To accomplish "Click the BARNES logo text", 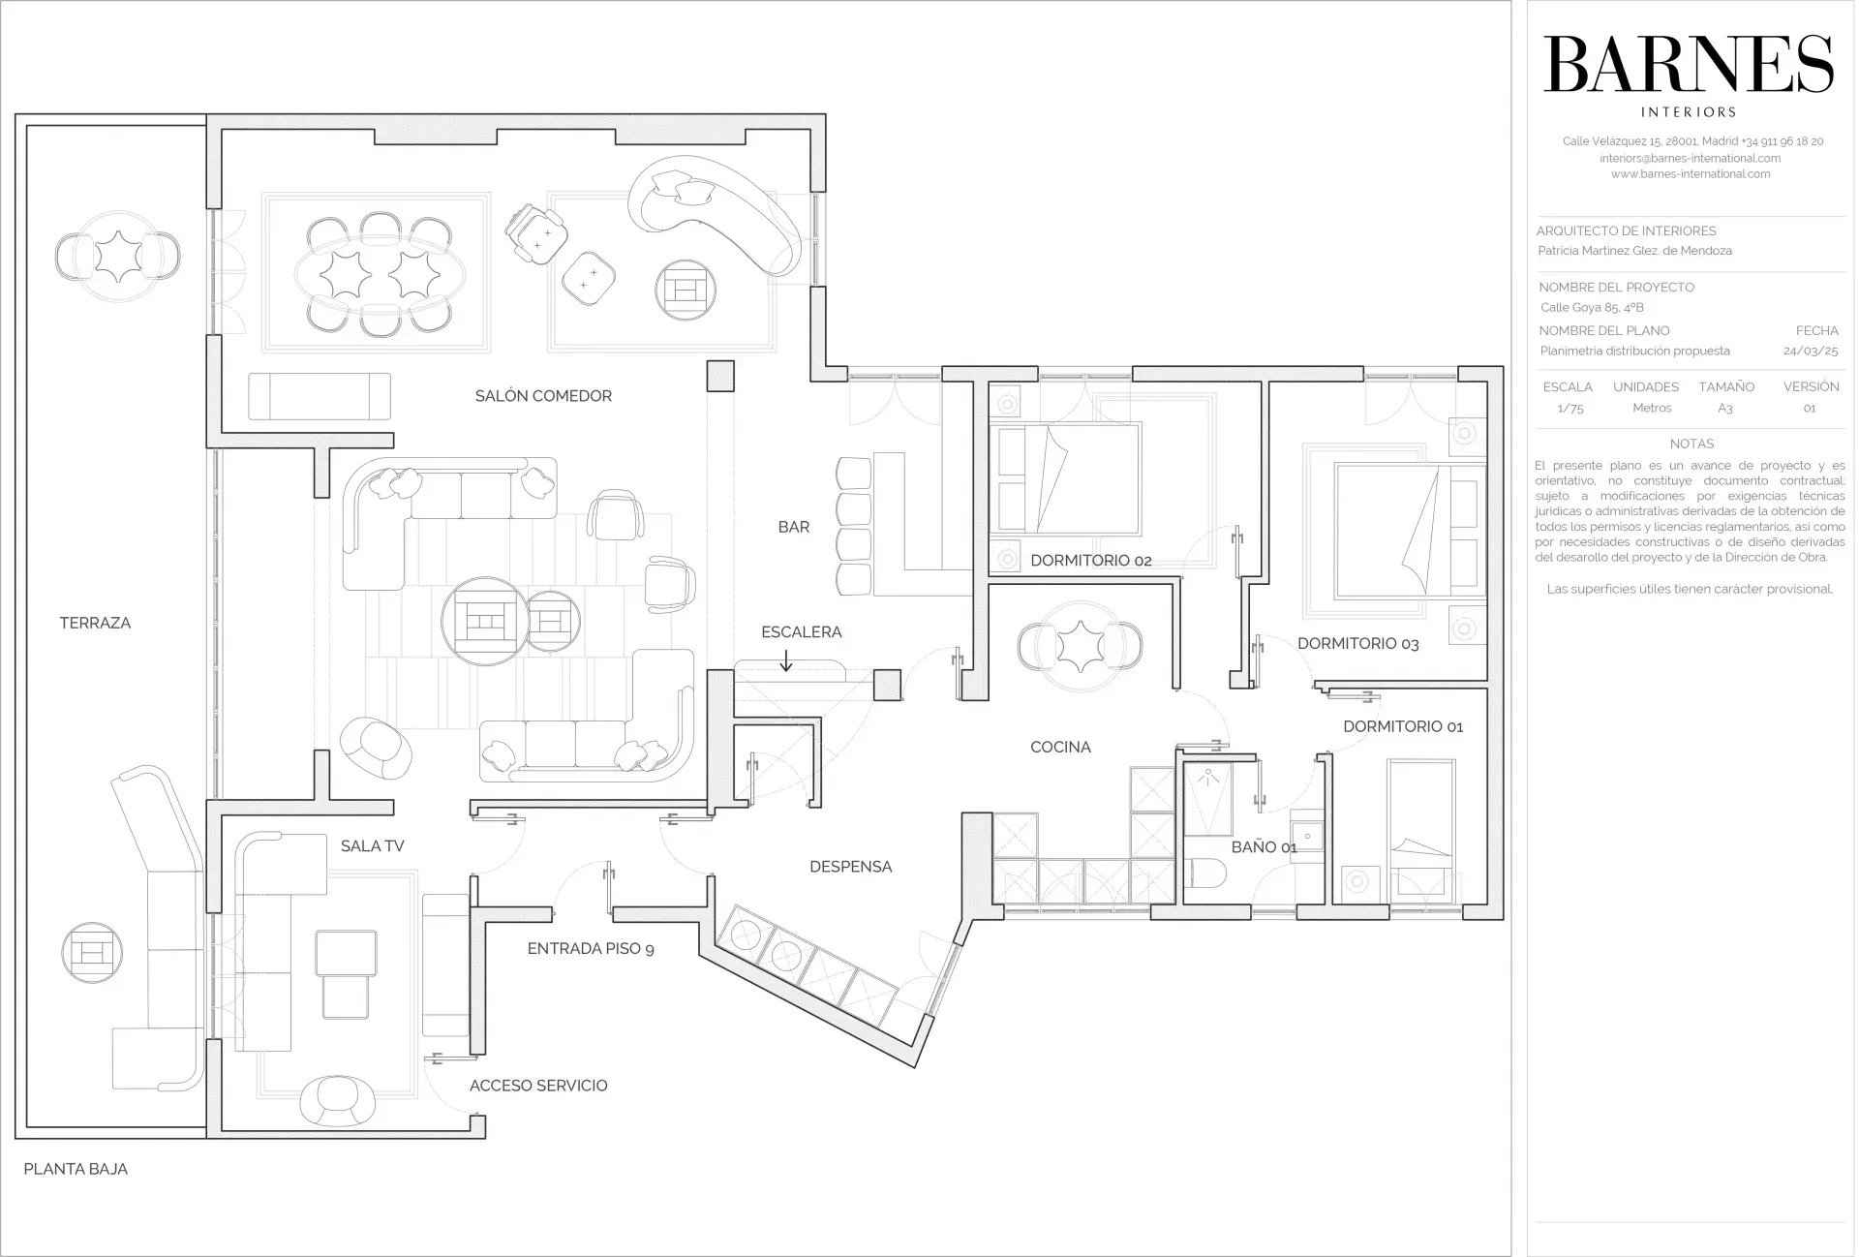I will pos(1689,66).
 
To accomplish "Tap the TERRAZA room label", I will pos(95,624).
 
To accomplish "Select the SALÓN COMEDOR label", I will pos(543,396).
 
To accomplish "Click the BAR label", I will pos(794,528).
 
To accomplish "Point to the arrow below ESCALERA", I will pos(786,660).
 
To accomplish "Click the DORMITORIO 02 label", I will pos(1090,561).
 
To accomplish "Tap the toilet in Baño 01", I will pos(1207,874).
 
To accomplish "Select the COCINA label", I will pos(1060,748).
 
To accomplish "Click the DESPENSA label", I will pos(850,868).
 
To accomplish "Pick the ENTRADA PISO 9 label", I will pos(591,949).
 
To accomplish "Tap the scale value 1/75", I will pos(1570,409).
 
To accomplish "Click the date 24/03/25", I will pos(1811,352).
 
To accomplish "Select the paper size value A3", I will pos(1725,409).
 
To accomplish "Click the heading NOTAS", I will pos(1691,445).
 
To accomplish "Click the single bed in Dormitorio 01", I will pos(1421,830).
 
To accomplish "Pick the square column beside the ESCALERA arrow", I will pos(888,685).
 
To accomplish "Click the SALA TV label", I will pos(373,846).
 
